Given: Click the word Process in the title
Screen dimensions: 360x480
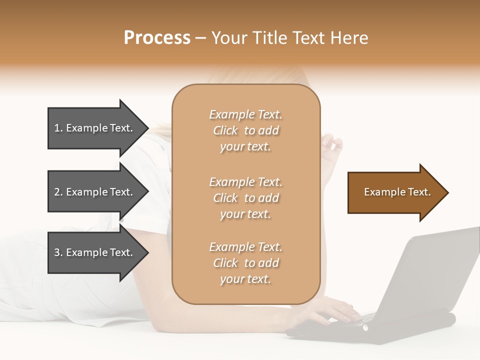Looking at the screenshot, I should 157,38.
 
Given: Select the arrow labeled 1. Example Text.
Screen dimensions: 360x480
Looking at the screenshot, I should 95,128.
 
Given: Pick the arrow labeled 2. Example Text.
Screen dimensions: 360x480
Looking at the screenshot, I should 95,192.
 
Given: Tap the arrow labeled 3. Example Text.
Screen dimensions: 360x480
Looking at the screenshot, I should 95,252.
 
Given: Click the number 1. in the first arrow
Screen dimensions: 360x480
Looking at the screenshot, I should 58,128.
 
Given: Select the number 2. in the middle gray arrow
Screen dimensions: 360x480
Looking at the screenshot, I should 58,192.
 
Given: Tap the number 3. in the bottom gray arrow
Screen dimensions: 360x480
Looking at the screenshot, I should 58,252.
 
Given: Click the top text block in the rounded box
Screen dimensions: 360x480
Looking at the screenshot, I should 245,130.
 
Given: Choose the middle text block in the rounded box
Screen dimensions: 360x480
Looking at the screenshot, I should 245,198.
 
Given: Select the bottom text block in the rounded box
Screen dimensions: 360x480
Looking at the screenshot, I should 245,263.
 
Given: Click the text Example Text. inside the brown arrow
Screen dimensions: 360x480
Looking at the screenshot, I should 397,192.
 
